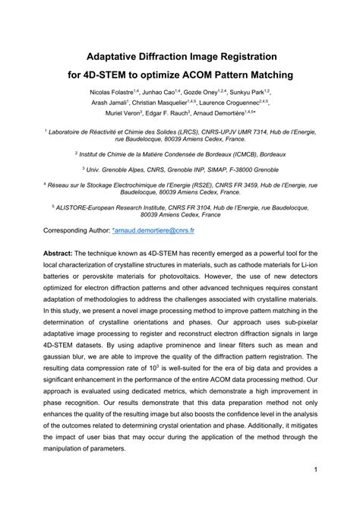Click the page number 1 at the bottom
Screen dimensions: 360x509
coord(314,491)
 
